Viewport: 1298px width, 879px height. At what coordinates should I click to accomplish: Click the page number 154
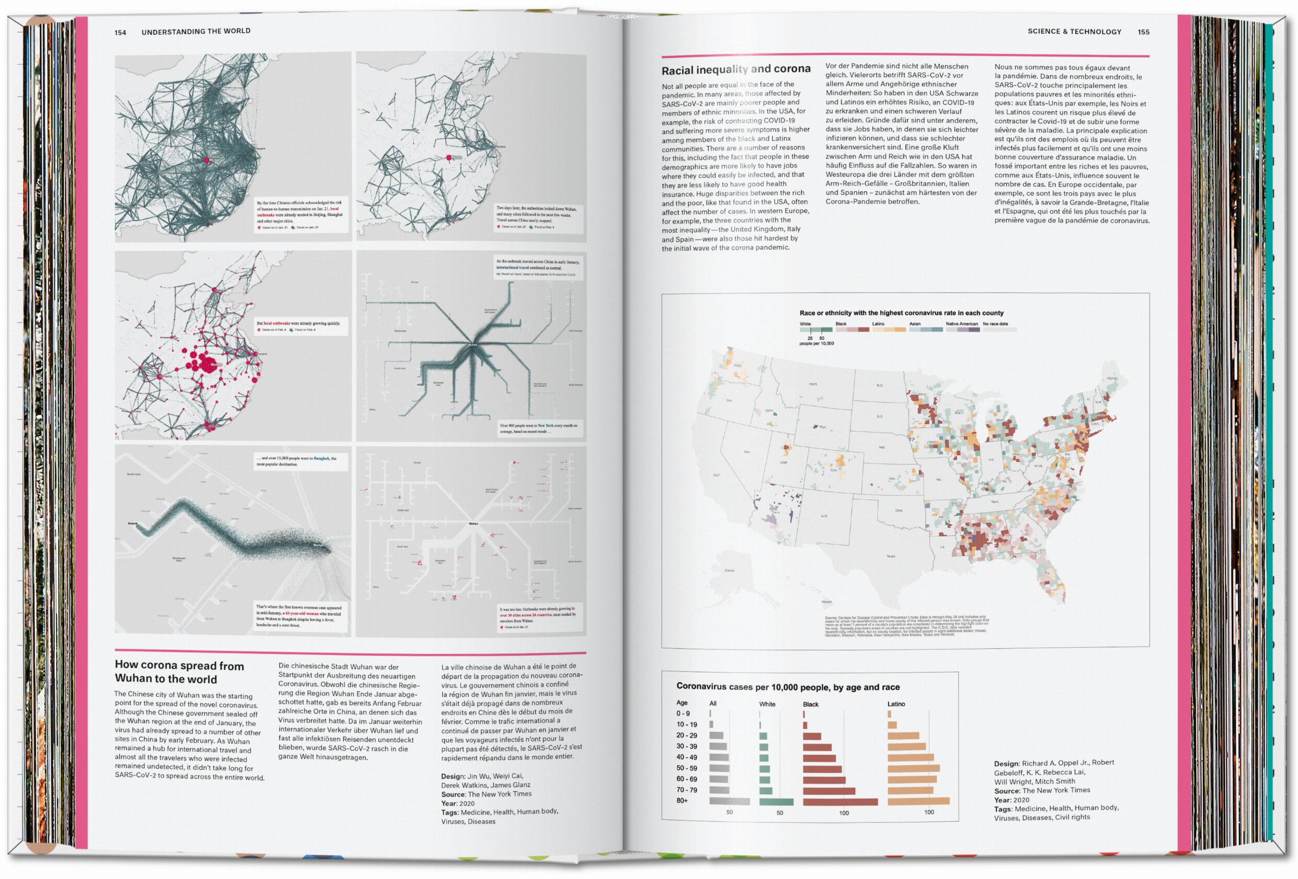pos(120,32)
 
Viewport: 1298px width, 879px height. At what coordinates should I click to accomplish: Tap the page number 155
pos(1143,32)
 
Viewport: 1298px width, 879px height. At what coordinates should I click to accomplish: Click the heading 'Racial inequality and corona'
pos(736,70)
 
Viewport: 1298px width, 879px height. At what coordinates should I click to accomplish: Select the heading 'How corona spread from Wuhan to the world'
pos(179,672)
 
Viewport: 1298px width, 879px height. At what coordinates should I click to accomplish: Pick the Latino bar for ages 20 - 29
pos(903,736)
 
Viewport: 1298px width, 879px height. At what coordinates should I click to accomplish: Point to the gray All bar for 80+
pos(729,801)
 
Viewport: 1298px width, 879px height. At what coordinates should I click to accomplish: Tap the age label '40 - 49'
pos(686,758)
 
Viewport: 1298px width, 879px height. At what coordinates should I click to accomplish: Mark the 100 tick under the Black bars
pos(843,813)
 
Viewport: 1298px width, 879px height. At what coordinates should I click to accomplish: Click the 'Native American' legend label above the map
pos(962,324)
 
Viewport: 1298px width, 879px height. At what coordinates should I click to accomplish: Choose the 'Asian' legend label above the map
pos(915,324)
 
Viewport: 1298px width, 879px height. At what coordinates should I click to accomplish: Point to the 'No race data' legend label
pos(995,324)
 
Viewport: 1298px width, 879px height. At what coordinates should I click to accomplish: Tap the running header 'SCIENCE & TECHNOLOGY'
pos(1074,32)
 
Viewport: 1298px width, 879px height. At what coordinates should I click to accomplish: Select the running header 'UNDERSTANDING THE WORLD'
pos(196,32)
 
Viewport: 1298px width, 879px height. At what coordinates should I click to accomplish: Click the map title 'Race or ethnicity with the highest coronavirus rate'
pos(901,313)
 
